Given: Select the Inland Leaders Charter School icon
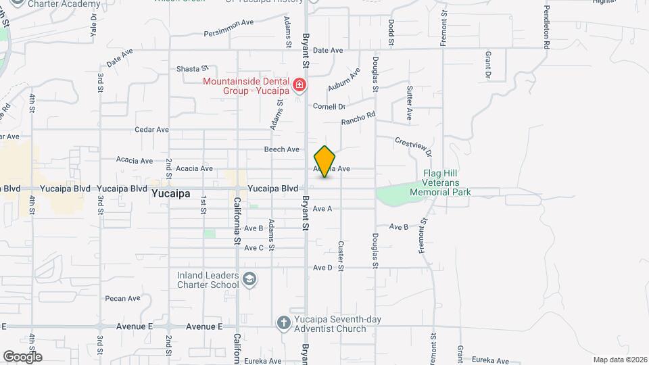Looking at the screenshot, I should point(249,279).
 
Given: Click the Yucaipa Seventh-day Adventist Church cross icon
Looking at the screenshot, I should point(284,323).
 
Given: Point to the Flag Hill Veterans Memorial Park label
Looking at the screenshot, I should point(440,182).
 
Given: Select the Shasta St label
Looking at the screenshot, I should point(191,69).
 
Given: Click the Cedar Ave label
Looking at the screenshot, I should point(151,129).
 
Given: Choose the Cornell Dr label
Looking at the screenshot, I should point(329,107).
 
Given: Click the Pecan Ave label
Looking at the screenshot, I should point(122,298).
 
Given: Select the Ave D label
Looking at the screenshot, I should point(322,268).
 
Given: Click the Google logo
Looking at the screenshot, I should point(22,356).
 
